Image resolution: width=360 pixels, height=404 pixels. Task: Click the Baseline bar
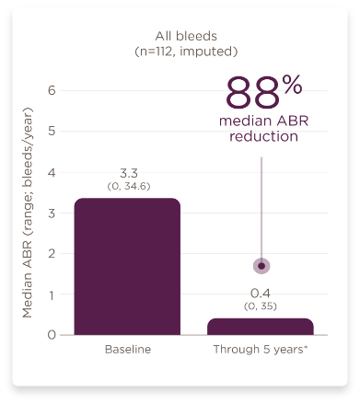pyautogui.click(x=126, y=266)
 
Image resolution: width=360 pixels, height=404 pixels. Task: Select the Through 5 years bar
pyautogui.click(x=260, y=327)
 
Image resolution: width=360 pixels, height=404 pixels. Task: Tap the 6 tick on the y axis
pyautogui.click(x=52, y=90)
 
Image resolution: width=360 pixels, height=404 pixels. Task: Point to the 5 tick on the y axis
pyautogui.click(x=52, y=131)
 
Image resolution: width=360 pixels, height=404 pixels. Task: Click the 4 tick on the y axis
pyautogui.click(x=52, y=172)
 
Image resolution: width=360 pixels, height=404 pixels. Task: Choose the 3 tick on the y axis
pyautogui.click(x=52, y=213)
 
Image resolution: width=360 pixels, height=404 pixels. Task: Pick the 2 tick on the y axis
pyautogui.click(x=52, y=253)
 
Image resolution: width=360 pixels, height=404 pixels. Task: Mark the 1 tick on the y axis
pyautogui.click(x=52, y=294)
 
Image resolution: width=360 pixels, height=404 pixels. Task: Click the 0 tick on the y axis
pyautogui.click(x=52, y=335)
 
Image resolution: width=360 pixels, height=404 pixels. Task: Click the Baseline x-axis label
pyautogui.click(x=127, y=351)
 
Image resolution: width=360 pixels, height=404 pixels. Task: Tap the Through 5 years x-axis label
pyautogui.click(x=260, y=351)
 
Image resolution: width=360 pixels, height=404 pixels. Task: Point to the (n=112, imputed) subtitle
pyautogui.click(x=180, y=53)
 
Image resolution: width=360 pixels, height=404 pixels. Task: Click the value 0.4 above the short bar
pyautogui.click(x=260, y=293)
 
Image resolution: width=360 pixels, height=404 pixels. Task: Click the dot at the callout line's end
pyautogui.click(x=261, y=266)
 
